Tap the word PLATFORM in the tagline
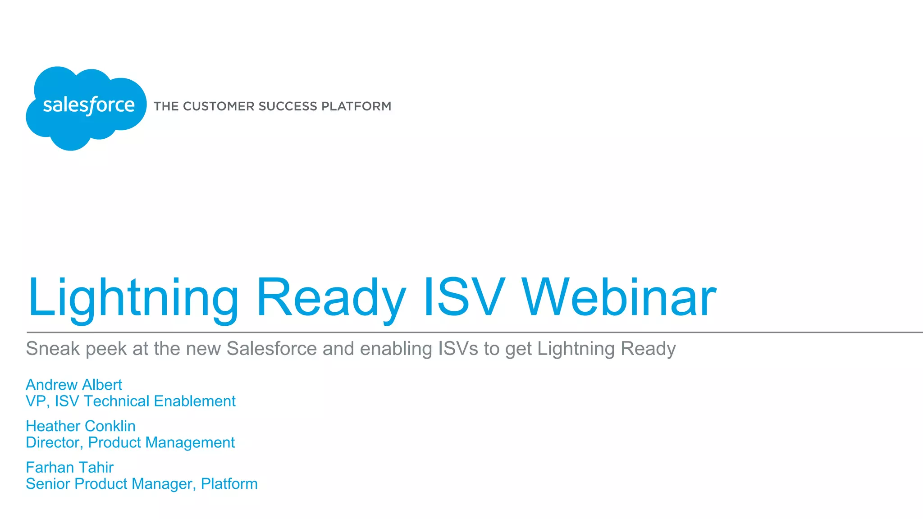tap(356, 106)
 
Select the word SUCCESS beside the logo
tap(288, 106)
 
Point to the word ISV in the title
tap(464, 297)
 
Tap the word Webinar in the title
tap(618, 297)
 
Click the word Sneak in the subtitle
tap(53, 349)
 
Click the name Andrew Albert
tap(74, 385)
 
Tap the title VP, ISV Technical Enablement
tap(131, 401)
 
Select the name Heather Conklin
tap(81, 426)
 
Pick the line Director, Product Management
tap(130, 442)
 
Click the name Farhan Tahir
tap(69, 468)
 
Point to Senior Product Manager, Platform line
tap(142, 484)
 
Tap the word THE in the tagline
tap(166, 106)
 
